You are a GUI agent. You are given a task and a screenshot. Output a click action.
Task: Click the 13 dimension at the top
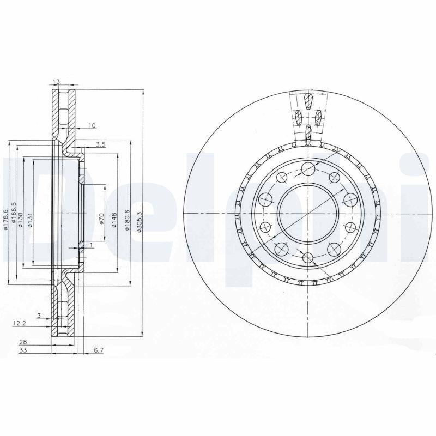click(56, 82)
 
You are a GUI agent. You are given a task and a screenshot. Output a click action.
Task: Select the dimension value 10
click(92, 126)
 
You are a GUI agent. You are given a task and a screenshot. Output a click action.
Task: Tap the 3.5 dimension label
click(100, 144)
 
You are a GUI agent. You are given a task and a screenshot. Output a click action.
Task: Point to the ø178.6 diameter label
click(5, 219)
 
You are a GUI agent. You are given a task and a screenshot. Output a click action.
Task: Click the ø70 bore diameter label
click(102, 219)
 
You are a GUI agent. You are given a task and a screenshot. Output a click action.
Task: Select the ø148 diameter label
click(114, 219)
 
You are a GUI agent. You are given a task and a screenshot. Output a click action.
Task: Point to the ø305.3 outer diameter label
click(140, 222)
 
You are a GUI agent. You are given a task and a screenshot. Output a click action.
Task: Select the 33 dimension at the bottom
click(24, 350)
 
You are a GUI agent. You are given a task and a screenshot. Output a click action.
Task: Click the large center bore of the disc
click(306, 213)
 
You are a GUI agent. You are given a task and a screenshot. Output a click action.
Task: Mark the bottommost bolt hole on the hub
click(307, 258)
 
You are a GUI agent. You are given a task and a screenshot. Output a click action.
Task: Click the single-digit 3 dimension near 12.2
click(39, 315)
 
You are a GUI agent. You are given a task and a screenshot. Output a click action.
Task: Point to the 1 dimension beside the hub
click(91, 245)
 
